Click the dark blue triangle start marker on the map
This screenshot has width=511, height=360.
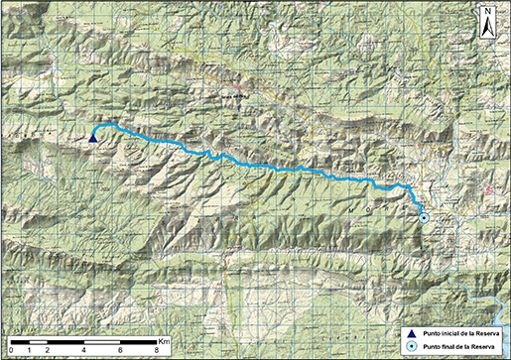coord(92,139)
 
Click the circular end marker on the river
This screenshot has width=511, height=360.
coord(424,217)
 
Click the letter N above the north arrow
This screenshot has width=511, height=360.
coord(489,12)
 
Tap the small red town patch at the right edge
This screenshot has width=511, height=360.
coord(488,188)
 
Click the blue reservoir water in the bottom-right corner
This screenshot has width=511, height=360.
coord(486,298)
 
